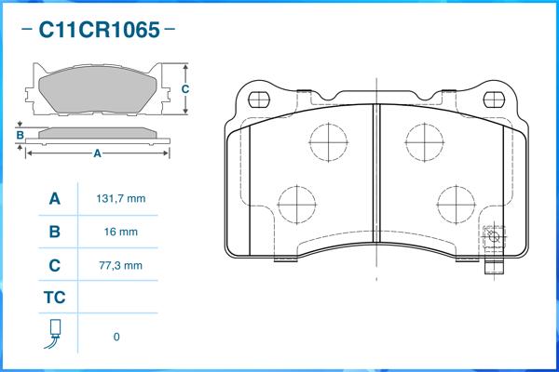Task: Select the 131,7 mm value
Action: (x=120, y=199)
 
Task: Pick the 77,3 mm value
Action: (x=120, y=265)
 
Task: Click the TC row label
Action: (x=54, y=299)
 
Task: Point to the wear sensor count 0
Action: (x=116, y=337)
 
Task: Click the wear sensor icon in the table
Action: (x=54, y=335)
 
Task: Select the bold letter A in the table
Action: (x=54, y=199)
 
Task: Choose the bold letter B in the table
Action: (x=54, y=232)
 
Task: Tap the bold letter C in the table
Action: (x=54, y=265)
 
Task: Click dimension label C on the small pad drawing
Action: (x=185, y=89)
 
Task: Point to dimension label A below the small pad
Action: (x=97, y=153)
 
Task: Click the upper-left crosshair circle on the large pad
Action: (x=327, y=142)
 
